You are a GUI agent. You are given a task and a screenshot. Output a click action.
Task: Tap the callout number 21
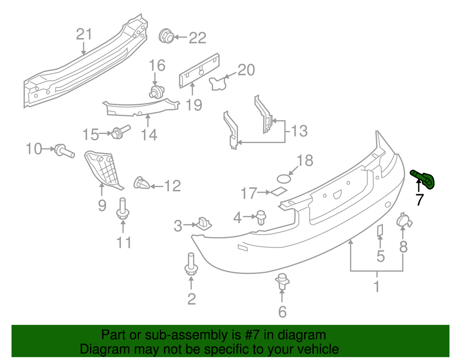(84, 34)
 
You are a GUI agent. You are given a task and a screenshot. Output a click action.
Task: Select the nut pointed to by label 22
(166, 36)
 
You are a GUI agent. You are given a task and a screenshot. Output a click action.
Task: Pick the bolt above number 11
(122, 210)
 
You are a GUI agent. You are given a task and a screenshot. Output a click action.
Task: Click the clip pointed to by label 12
(141, 183)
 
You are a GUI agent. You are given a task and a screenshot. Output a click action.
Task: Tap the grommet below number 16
(156, 92)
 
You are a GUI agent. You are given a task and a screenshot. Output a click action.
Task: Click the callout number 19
(194, 105)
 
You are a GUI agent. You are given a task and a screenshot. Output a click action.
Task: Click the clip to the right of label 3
(204, 223)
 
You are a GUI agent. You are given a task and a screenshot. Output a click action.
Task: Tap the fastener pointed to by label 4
(261, 218)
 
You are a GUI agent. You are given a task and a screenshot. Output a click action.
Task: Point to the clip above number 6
(282, 281)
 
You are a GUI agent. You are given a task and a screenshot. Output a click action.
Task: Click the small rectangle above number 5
(379, 231)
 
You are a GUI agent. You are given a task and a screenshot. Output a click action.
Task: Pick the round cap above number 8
(402, 222)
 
